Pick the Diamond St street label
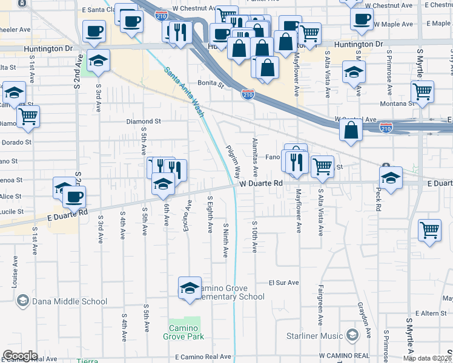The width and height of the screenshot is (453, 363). pos(143,121)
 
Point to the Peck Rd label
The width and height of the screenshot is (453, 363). pos(378,198)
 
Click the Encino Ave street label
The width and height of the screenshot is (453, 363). pos(188,215)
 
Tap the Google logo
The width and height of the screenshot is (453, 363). pos(20,356)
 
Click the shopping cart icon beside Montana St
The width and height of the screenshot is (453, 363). pos(422,91)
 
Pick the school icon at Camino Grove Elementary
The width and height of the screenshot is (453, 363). pos(190,287)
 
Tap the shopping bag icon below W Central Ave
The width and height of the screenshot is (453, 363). pos(351,129)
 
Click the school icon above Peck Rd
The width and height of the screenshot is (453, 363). pos(391,178)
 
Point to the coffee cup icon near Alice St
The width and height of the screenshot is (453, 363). pos(74,196)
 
